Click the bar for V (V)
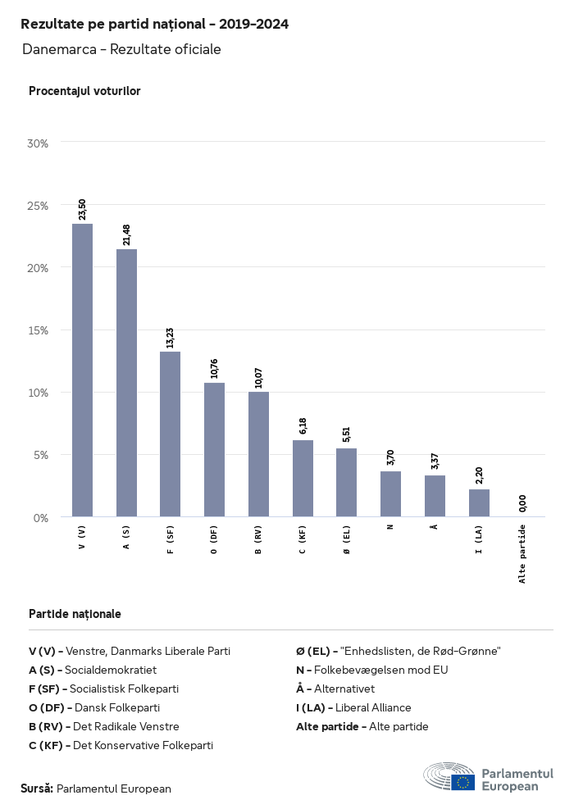tap(82, 370)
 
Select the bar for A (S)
tap(126, 383)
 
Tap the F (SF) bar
tap(171, 434)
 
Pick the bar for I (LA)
tap(479, 503)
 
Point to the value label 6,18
tap(303, 425)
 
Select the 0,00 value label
tap(523, 502)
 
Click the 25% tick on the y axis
tap(39, 205)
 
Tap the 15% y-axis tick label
tap(39, 330)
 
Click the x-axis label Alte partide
tap(522, 554)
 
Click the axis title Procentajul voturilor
tap(84, 91)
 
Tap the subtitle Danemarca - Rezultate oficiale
tap(121, 49)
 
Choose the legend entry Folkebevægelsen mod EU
tap(383, 670)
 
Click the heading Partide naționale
tap(75, 613)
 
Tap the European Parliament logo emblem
tap(449, 776)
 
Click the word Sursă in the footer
tap(37, 789)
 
